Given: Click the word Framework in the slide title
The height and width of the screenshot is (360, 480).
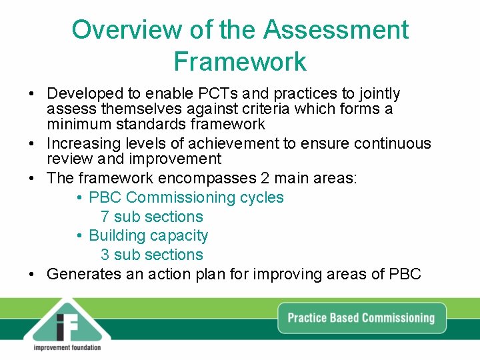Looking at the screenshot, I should (240, 61).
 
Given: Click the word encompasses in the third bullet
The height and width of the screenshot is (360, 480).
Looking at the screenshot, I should (207, 178).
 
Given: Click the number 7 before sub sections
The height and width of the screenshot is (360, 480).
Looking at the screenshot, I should (105, 217).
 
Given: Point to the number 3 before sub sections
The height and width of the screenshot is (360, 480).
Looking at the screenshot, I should (105, 255).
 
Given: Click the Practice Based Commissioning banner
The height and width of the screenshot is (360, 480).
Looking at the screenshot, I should (361, 317).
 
